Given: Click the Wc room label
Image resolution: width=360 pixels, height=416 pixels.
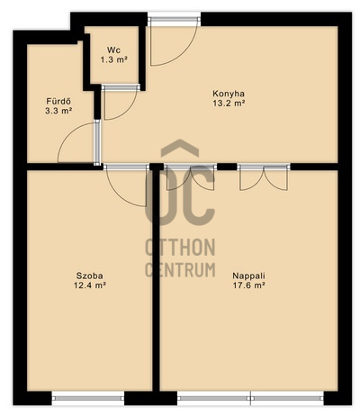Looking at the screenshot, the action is click(x=113, y=50).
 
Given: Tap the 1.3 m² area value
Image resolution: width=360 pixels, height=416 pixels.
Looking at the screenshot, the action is click(x=114, y=60).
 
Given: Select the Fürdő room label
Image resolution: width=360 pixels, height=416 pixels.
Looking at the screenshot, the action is click(x=58, y=101).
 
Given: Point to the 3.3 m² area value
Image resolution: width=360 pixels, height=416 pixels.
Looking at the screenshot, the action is click(x=58, y=111).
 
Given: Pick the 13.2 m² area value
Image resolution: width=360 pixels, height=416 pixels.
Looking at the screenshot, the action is click(x=229, y=104).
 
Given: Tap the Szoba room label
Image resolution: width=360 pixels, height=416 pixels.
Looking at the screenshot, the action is click(x=90, y=276).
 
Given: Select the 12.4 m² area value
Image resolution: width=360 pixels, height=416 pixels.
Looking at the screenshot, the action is click(x=90, y=285).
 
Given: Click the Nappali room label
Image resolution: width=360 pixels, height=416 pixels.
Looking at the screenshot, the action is click(x=249, y=276).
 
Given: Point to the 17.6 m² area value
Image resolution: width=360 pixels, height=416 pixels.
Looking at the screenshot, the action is click(x=249, y=285).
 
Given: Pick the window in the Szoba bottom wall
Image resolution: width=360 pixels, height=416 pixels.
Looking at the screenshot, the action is click(x=88, y=398).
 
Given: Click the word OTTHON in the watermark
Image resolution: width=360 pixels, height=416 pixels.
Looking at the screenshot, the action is click(x=180, y=248).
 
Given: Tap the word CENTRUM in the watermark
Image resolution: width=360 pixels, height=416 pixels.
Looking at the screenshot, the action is click(x=180, y=269).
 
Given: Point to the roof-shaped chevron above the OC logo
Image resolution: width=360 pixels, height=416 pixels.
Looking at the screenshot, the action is click(x=180, y=148).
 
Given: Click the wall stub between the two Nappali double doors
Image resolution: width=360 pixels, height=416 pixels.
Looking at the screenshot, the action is click(x=227, y=167).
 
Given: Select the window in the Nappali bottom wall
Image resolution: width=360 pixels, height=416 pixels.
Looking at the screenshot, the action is click(x=250, y=398).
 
